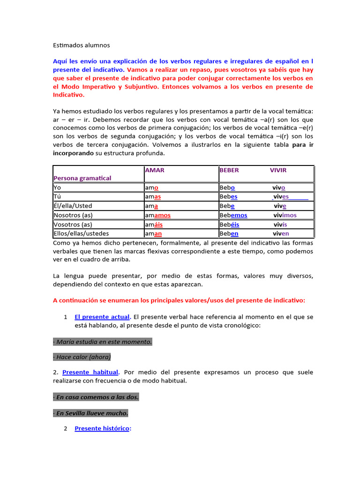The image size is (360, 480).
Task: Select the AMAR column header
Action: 155,170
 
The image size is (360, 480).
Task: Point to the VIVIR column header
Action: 278,170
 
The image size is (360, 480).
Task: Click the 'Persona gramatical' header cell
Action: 82,178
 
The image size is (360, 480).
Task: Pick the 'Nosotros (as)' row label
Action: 73,215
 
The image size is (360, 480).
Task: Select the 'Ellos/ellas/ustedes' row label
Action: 81,233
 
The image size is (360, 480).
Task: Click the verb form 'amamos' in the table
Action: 158,215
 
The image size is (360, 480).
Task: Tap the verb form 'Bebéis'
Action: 229,225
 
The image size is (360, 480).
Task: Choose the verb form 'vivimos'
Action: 285,215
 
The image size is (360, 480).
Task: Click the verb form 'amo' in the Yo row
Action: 152,187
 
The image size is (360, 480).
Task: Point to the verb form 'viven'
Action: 281,233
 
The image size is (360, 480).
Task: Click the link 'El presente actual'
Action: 102,317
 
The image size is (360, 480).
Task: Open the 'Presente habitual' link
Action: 90,372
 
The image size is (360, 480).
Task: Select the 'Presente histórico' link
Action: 102,428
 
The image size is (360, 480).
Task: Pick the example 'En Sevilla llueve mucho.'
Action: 90,413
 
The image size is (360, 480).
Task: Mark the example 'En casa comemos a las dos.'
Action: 96,397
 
